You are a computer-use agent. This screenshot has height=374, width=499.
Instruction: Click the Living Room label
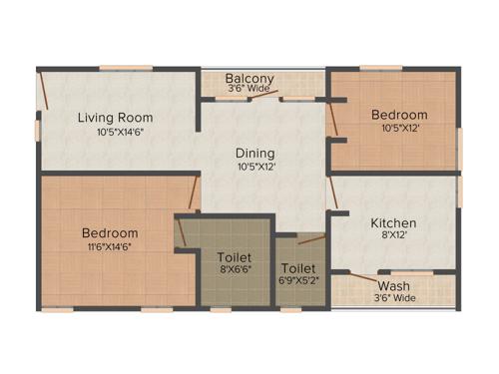(x=117, y=118)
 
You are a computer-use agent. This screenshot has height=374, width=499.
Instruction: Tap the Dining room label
(x=255, y=153)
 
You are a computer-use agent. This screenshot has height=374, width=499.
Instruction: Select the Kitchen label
(x=393, y=222)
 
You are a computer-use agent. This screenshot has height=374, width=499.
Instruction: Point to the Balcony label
(x=249, y=78)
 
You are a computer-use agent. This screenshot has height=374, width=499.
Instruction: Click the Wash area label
(x=393, y=286)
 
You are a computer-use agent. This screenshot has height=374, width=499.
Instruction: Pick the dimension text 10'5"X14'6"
(x=117, y=133)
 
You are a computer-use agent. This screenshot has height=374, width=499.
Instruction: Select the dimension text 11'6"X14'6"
(x=110, y=247)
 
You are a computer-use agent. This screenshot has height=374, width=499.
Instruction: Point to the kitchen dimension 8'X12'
(x=393, y=237)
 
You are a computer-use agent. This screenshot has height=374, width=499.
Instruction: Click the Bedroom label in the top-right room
(x=399, y=115)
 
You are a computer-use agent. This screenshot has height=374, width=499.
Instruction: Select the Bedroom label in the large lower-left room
(x=110, y=233)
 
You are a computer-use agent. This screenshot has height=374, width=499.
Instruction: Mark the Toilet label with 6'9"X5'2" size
(x=299, y=269)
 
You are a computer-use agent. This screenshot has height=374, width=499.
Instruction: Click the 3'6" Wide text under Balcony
(x=249, y=89)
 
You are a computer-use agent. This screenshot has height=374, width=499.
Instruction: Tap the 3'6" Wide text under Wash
(x=393, y=297)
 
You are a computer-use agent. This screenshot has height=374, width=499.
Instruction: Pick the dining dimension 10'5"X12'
(x=255, y=167)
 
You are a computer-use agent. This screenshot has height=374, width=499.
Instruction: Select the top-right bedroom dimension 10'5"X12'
(x=399, y=129)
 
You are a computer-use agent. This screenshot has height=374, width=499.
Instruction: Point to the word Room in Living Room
(x=137, y=118)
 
